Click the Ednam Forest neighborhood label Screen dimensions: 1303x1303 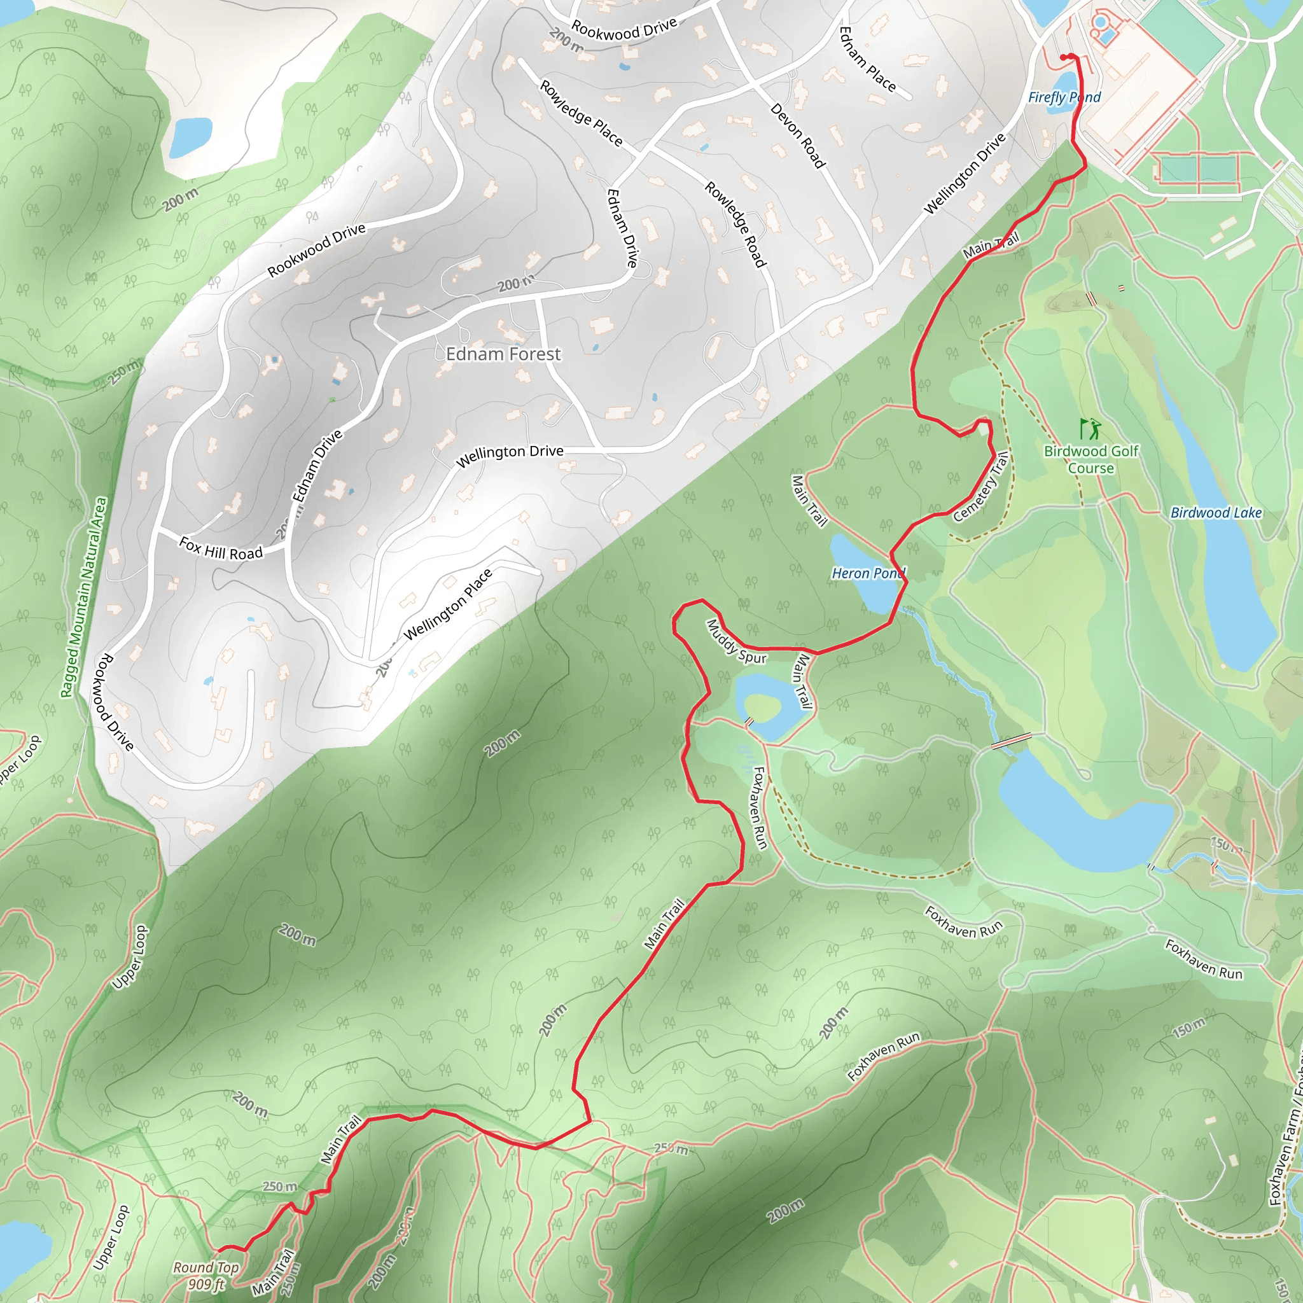(503, 354)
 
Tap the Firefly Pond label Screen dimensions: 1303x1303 (1064, 97)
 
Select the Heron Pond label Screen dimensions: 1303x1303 (868, 573)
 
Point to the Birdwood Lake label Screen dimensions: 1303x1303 (1216, 513)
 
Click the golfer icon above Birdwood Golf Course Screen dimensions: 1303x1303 (1090, 428)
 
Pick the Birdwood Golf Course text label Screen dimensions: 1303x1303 (1090, 459)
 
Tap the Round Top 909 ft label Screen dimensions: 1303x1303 (206, 1276)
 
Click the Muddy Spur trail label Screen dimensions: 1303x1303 (736, 642)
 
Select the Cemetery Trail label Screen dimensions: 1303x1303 (981, 487)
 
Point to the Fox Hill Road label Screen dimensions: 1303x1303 (221, 548)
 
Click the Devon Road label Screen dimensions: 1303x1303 (798, 135)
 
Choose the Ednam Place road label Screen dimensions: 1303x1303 (867, 59)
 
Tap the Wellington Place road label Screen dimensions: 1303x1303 (448, 605)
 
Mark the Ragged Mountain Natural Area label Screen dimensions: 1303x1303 (83, 597)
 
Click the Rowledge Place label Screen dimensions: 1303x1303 (581, 113)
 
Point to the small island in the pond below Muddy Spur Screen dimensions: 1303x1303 (762, 707)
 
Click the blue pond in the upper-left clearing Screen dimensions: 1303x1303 (190, 137)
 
